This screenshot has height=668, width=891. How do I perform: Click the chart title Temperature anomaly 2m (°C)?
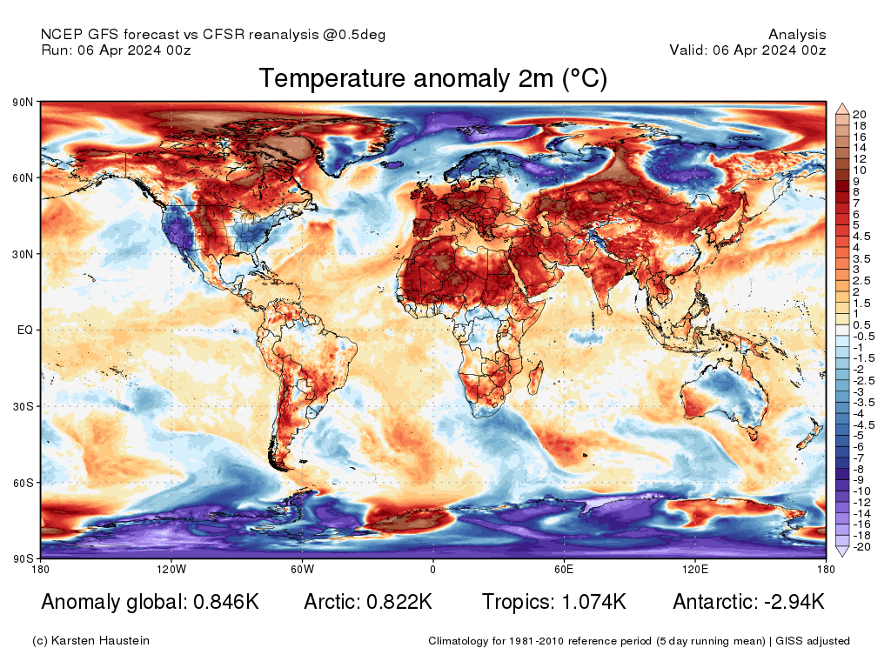(x=432, y=79)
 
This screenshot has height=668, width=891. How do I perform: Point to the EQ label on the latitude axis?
(x=25, y=331)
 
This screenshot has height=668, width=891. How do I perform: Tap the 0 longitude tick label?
(x=432, y=570)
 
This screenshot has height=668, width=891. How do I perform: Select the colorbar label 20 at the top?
(x=860, y=115)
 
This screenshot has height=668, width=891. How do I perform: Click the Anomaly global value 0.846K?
(x=220, y=602)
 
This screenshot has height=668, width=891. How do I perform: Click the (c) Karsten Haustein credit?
(x=90, y=641)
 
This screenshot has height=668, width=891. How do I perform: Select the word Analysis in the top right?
(x=797, y=35)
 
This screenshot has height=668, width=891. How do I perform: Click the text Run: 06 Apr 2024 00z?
(x=116, y=50)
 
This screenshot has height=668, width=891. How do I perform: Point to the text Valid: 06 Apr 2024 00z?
(x=747, y=50)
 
